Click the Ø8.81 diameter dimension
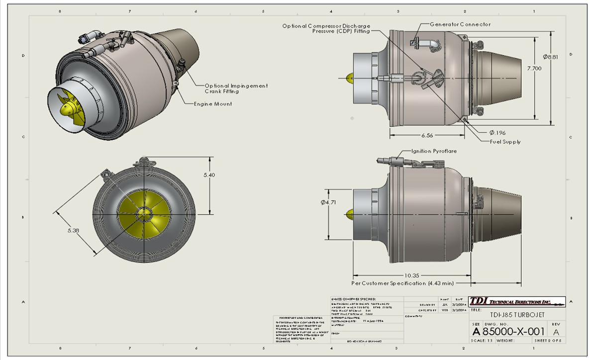click(550, 57)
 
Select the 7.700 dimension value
click(534, 69)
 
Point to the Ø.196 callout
click(497, 132)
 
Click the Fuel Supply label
click(505, 142)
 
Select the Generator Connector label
click(460, 24)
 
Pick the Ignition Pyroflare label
click(434, 151)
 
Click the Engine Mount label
click(213, 104)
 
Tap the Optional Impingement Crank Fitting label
click(236, 89)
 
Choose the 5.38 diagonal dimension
click(73, 231)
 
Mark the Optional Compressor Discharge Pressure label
click(326, 28)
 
